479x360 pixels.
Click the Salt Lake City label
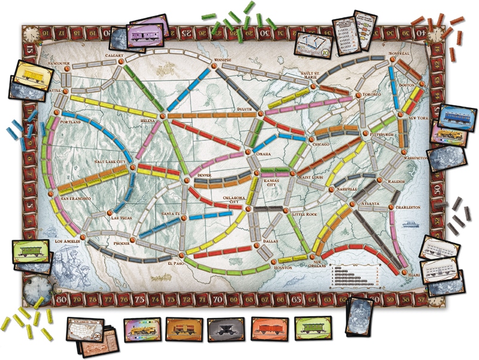click(x=112, y=162)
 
